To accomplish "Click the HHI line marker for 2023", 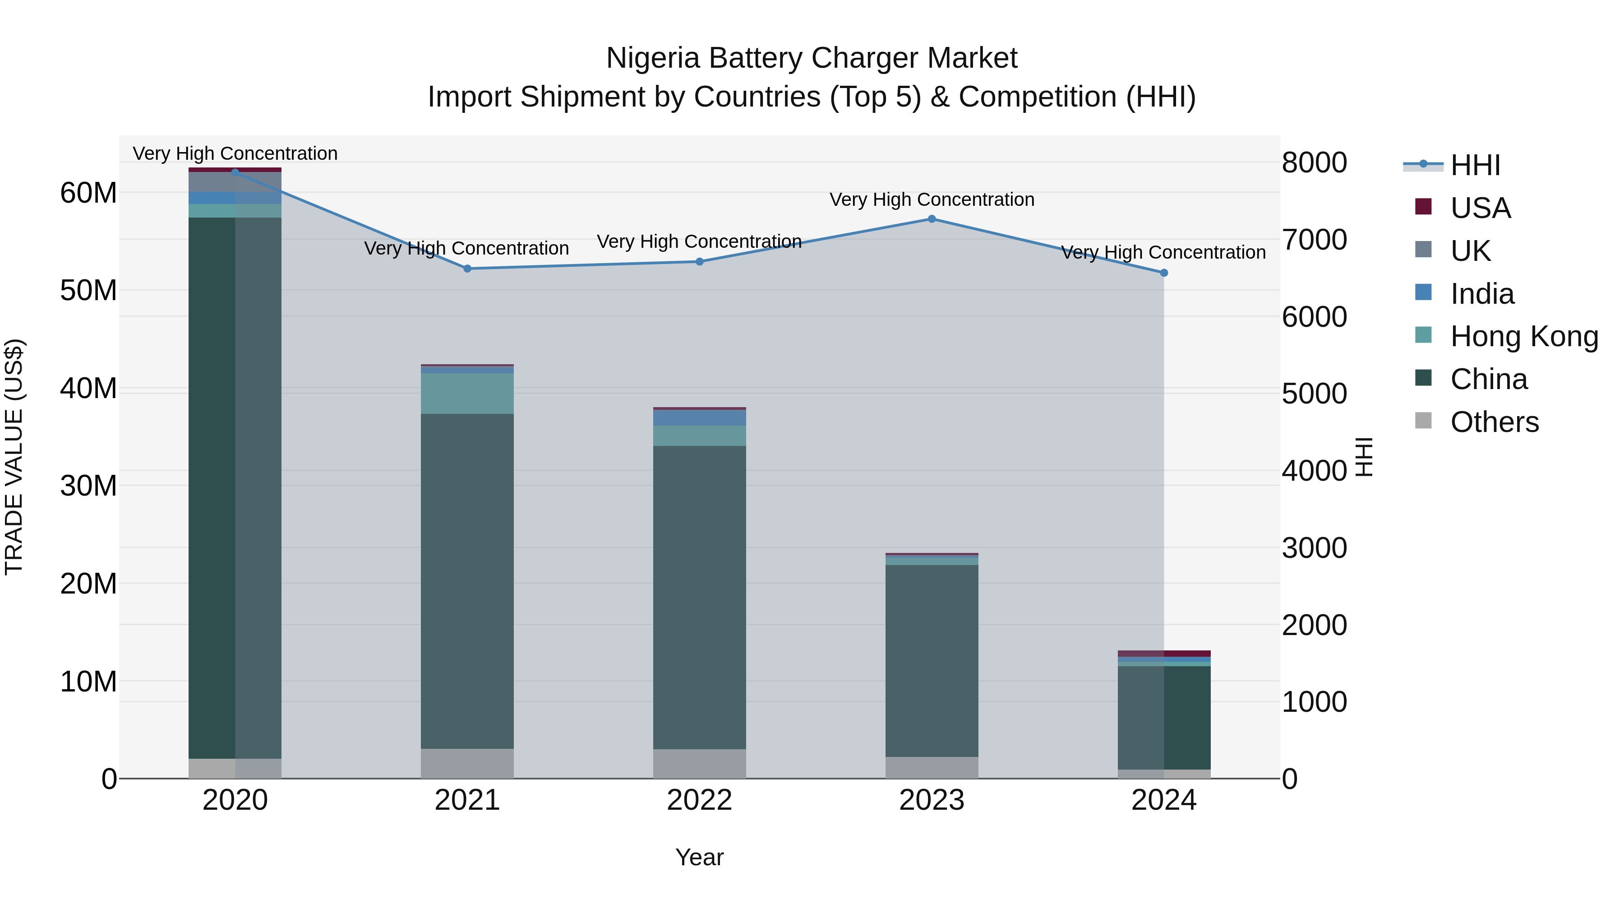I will coord(932,219).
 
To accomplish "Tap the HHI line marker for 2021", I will coord(467,269).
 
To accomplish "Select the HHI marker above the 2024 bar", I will coord(1164,273).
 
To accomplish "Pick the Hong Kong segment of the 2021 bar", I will coord(467,394).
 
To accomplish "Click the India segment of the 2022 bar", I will coord(699,418).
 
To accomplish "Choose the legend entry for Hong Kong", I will coord(1524,336).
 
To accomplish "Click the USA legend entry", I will coord(1480,208).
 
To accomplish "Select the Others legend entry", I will coord(1494,422).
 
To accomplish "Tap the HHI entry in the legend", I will coord(1475,165).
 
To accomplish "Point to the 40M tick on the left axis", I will coord(88,389).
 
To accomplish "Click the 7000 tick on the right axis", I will coord(1315,240).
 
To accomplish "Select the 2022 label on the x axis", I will coord(699,800).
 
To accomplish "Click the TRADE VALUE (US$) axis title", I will coord(14,457).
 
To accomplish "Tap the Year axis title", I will coord(699,857).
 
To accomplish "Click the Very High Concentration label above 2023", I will coord(932,200).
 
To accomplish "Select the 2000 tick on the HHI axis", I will coord(1315,625).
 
